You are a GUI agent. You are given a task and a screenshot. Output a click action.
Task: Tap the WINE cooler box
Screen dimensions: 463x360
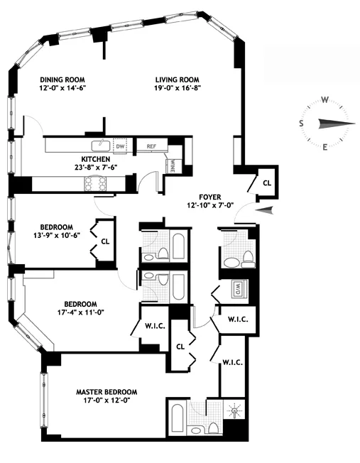coord(173,164)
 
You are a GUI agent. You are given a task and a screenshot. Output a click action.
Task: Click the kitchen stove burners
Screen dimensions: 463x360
coord(97,184)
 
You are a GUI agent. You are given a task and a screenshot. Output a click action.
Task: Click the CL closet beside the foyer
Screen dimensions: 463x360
coord(267,183)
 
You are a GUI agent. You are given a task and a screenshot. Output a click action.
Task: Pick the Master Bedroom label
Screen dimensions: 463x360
coord(107,391)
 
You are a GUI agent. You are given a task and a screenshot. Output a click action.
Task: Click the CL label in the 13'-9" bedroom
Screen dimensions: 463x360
coord(105,241)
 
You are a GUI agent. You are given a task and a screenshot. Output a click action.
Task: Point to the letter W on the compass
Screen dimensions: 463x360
coord(324,100)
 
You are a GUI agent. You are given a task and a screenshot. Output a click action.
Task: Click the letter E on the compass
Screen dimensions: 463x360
coord(324,147)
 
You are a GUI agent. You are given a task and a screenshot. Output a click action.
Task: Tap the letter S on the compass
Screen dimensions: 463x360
coord(302,124)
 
